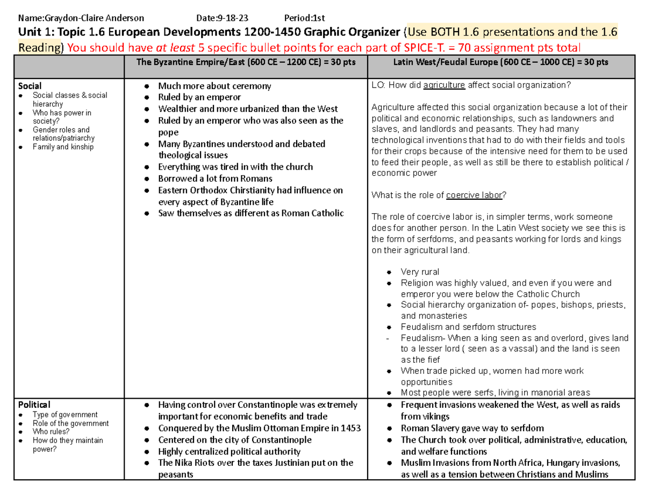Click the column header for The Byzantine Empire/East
click(x=246, y=62)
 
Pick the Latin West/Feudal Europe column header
click(x=501, y=62)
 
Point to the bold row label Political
click(x=34, y=405)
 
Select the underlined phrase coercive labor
click(x=474, y=196)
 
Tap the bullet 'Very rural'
click(x=420, y=272)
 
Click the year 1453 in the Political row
click(x=350, y=428)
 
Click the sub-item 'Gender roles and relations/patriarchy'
click(x=61, y=134)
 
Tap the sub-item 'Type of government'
click(x=65, y=415)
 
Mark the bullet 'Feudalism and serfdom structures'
click(x=468, y=327)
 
